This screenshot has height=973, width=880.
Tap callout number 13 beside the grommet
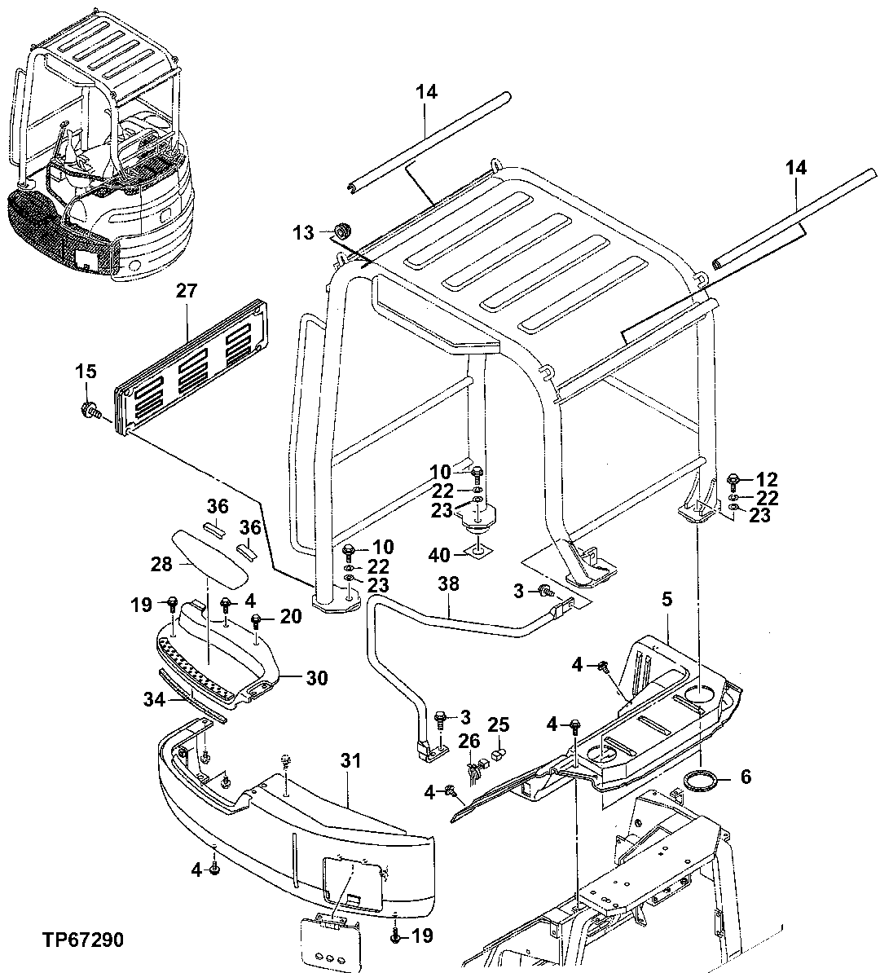pyautogui.click(x=303, y=233)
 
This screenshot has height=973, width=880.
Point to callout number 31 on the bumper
pyautogui.click(x=350, y=762)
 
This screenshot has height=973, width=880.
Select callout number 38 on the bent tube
pyautogui.click(x=447, y=583)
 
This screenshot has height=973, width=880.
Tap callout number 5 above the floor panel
pyautogui.click(x=667, y=600)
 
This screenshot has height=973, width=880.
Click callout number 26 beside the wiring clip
pyautogui.click(x=469, y=740)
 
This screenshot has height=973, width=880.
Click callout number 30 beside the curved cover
pyautogui.click(x=317, y=677)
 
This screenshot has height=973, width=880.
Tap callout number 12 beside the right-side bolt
pyautogui.click(x=768, y=479)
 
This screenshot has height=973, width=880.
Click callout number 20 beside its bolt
pyautogui.click(x=292, y=617)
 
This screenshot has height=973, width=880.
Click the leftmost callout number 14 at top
pyautogui.click(x=426, y=92)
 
